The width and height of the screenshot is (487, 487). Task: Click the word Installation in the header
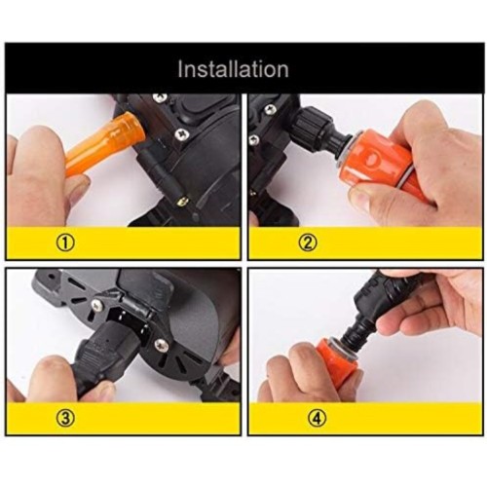tap(233, 69)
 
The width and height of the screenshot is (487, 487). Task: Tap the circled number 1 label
tap(65, 243)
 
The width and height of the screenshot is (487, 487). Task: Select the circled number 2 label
tap(308, 243)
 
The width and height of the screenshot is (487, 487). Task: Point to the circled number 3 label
tap(65, 419)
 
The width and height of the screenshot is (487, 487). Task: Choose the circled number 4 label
tap(318, 419)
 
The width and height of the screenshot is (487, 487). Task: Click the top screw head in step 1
tap(161, 96)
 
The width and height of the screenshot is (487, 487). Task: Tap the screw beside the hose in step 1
tap(180, 133)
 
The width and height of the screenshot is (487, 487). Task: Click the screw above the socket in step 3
tap(97, 304)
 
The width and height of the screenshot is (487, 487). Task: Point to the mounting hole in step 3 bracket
tap(51, 278)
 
